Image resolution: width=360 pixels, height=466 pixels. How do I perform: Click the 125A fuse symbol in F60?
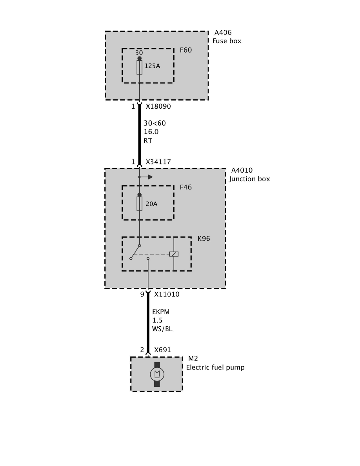coord(139,67)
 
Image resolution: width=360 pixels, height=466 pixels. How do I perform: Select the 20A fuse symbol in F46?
coord(139,204)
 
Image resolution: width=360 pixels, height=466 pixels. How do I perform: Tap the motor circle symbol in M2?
coord(157,374)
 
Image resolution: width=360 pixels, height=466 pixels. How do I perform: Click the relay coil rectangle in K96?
coord(174,254)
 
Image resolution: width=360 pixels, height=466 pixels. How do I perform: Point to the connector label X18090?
coord(158,106)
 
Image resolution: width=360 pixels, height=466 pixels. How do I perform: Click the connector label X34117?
coord(158,162)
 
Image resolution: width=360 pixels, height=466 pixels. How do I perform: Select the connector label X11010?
coord(167,294)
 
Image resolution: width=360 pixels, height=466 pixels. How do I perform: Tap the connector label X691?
coord(162,350)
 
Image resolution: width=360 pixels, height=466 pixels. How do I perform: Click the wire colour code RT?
coord(148,140)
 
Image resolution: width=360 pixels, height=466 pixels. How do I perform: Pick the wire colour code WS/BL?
coord(162,329)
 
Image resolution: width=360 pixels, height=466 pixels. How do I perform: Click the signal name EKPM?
coord(160,312)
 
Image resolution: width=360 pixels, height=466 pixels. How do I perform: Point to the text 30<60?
coord(155,123)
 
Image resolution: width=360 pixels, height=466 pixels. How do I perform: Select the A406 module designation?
coord(223,33)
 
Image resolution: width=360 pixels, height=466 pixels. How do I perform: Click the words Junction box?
coord(249,179)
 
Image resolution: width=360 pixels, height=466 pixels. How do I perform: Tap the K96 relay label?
coord(204,238)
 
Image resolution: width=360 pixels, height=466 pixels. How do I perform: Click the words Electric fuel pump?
coord(215,368)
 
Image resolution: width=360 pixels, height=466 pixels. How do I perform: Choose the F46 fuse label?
coord(186,187)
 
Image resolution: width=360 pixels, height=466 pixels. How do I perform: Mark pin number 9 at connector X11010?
coord(142,294)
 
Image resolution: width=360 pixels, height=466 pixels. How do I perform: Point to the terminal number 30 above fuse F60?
coord(139,53)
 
